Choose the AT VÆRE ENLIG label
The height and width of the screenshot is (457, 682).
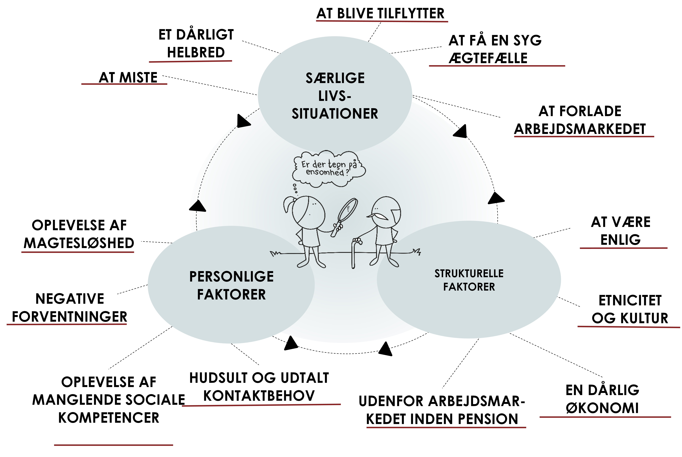(x=620, y=231)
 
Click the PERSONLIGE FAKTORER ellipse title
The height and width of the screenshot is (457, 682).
(x=231, y=285)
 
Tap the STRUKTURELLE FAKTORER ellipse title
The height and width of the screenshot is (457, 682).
(x=469, y=280)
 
